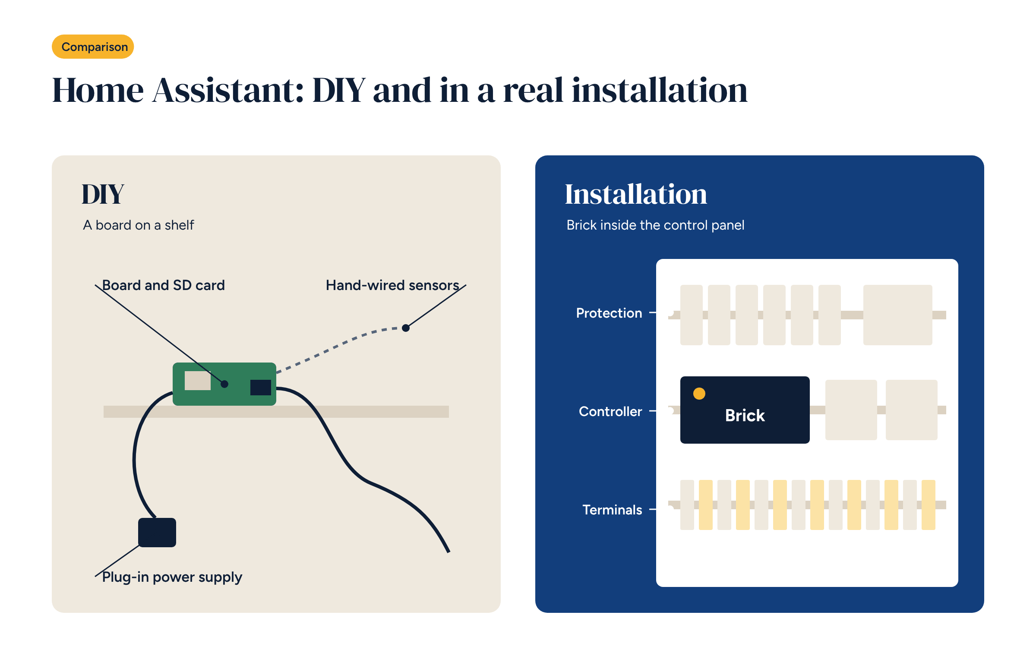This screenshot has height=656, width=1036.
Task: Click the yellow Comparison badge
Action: tap(93, 47)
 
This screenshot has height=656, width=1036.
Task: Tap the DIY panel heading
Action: tap(103, 194)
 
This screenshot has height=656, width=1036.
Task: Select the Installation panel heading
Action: tap(636, 194)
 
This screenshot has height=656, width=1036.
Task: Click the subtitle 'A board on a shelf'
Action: tap(139, 225)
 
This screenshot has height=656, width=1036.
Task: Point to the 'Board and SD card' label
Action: tap(164, 285)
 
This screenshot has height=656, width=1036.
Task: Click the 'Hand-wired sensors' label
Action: tap(392, 285)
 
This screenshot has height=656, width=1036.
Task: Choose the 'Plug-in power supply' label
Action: tap(172, 577)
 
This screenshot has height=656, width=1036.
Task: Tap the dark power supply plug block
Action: tap(157, 533)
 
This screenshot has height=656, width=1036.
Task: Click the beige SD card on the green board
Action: tap(198, 381)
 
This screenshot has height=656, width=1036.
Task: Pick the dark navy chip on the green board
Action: tap(261, 388)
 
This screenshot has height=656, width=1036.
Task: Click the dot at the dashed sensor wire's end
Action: tap(406, 328)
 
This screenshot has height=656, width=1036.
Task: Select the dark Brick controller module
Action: tap(745, 410)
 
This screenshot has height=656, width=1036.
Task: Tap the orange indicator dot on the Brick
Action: tap(699, 394)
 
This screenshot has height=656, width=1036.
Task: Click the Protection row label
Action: tap(609, 313)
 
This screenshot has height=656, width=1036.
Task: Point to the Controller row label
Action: tap(610, 411)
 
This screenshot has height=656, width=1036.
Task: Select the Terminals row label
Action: tap(612, 510)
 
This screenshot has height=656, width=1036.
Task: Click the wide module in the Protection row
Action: tap(898, 315)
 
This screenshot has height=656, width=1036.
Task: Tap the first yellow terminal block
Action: tap(706, 505)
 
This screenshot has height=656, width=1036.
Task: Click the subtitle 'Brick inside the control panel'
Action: tap(655, 225)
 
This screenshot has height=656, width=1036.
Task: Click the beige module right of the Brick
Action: tap(851, 410)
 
